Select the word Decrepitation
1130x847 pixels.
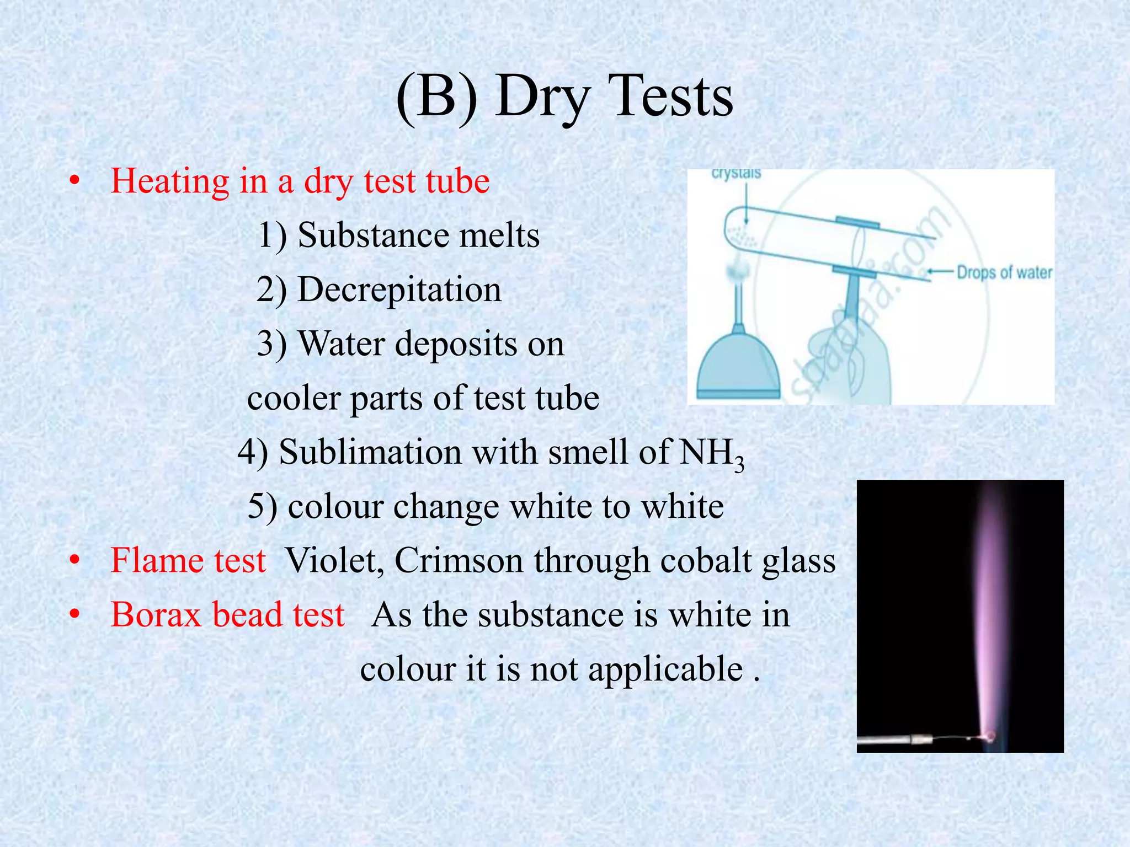point(399,290)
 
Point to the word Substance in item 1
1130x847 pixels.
point(373,235)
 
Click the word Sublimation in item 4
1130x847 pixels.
point(370,452)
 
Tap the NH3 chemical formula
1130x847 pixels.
point(711,454)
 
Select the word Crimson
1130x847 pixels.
point(459,561)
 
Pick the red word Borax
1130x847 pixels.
point(156,615)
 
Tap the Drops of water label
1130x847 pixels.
point(1004,272)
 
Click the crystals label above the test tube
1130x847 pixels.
point(736,174)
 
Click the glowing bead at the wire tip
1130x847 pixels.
point(990,735)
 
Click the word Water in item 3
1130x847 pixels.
point(341,344)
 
